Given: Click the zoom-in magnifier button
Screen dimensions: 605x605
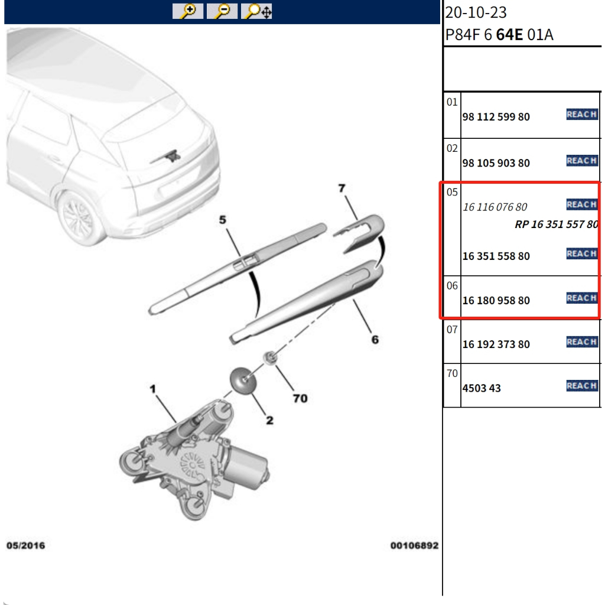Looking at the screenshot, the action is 188,11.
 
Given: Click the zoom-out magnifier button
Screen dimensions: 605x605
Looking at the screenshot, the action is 222,11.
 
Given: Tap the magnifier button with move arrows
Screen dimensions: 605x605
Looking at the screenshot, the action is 256,11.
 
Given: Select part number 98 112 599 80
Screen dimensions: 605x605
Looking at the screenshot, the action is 496,117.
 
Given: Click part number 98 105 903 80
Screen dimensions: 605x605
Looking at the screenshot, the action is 496,163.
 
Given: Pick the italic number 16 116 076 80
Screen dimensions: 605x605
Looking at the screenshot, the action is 495,207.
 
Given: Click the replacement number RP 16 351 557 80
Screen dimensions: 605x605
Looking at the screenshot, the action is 557,225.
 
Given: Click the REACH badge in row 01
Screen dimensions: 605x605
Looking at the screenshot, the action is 582,115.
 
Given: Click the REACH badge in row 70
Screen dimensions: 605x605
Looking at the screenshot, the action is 582,386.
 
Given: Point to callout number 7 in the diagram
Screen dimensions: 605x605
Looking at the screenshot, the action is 341,188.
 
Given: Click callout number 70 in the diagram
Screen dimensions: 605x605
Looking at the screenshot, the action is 300,398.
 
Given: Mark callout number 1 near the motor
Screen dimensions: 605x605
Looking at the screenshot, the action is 153,389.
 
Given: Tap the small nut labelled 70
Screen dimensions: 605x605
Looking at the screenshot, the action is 270,358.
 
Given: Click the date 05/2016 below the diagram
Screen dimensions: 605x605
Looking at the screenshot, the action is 25,545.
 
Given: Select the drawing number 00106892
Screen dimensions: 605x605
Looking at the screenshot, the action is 414,545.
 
